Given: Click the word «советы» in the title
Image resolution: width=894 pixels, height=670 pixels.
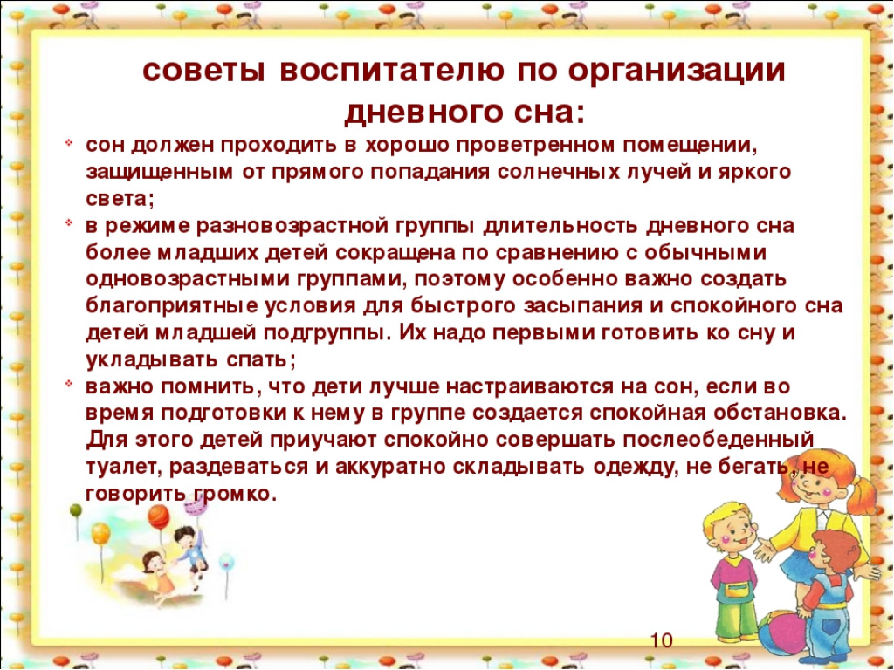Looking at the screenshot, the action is click(x=203, y=72).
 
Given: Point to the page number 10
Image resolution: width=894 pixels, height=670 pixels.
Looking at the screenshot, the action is click(x=662, y=640).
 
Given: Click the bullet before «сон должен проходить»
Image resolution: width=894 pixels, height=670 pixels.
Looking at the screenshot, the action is click(x=68, y=142).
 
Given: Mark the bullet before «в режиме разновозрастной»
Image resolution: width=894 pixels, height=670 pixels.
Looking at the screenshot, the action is click(x=68, y=222).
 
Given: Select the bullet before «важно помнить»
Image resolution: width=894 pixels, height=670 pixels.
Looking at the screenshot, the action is click(x=68, y=385).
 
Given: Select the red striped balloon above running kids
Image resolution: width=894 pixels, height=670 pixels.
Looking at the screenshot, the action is click(x=158, y=517).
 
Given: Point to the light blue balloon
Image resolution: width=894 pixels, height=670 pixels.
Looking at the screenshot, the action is click(x=226, y=562).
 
